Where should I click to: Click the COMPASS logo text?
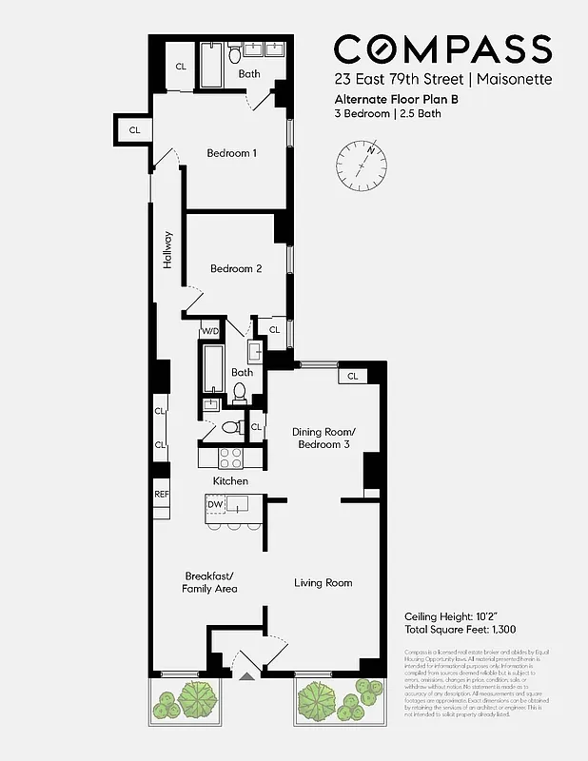[442, 49]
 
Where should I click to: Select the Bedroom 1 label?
[232, 153]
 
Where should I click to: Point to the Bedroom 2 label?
[236, 268]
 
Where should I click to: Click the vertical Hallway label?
[167, 250]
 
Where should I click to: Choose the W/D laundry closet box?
[209, 331]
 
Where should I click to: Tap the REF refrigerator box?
[161, 495]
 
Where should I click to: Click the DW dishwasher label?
[218, 503]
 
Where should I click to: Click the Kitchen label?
[230, 481]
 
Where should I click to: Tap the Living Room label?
[323, 582]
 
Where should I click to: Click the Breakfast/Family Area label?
[209, 582]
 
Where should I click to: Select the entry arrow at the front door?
[248, 676]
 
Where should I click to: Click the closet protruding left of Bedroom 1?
[134, 129]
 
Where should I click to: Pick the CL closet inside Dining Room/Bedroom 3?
[352, 376]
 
